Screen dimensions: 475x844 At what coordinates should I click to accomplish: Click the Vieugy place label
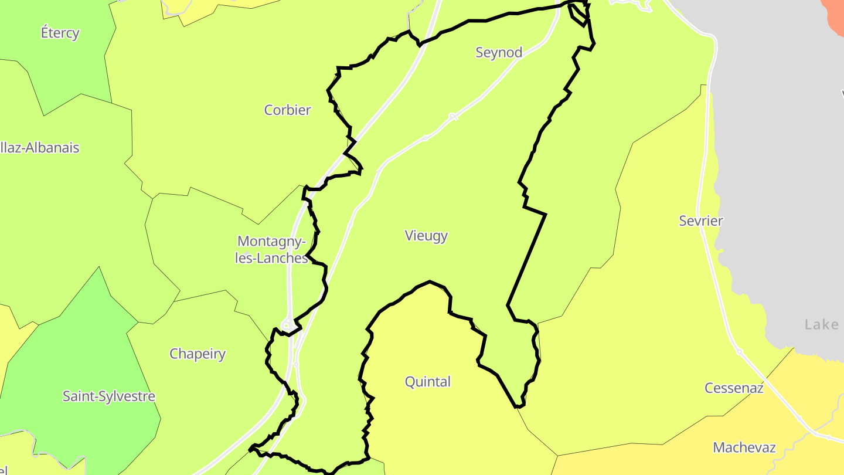[x=426, y=236]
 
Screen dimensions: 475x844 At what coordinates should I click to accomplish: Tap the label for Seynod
[x=499, y=53]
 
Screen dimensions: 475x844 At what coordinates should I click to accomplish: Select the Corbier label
[x=287, y=110]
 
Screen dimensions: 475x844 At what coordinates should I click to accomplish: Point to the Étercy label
[x=60, y=33]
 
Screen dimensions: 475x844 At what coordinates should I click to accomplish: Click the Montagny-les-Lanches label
[x=271, y=250]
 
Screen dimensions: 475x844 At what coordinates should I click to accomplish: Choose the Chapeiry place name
[x=198, y=354]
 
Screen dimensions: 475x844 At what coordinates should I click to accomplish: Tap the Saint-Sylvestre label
[x=109, y=396]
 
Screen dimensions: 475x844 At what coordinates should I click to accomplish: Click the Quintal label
[x=428, y=382]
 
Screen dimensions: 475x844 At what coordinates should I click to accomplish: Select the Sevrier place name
[x=701, y=221]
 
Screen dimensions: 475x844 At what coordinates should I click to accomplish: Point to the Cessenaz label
[x=734, y=388]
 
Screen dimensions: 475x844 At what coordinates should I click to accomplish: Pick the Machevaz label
[x=744, y=448]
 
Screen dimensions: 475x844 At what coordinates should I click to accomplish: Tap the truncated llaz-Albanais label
[x=40, y=148]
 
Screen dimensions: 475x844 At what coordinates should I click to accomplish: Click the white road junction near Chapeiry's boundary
[x=288, y=324]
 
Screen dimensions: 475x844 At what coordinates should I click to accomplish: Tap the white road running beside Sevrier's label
[x=710, y=246]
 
